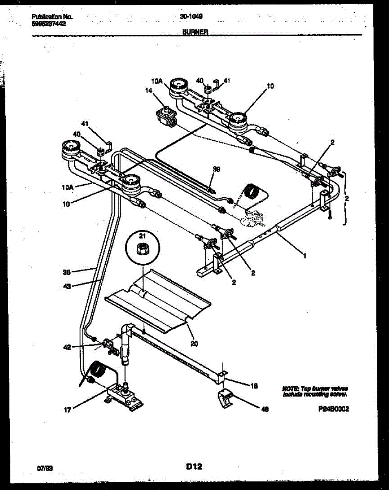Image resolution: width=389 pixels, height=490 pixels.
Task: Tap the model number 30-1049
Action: tap(191, 16)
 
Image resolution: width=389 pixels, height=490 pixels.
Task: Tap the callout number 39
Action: tap(216, 169)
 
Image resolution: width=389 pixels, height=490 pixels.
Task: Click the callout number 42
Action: tap(67, 347)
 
